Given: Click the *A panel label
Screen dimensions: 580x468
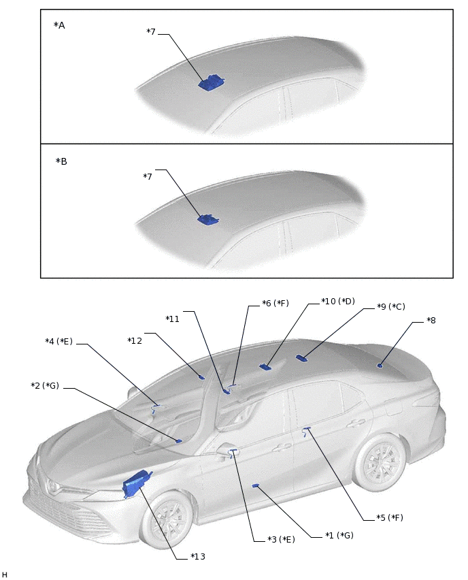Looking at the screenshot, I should point(59,25).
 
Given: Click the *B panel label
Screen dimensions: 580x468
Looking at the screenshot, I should point(61,162).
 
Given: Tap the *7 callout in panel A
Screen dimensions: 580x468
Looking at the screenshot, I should point(151,31).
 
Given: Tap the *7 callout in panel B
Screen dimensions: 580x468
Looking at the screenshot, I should point(148,177).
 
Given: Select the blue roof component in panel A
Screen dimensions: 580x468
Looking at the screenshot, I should point(212,82).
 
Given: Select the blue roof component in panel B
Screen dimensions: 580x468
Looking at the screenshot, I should point(207,219).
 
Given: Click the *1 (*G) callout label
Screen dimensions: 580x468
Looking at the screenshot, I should point(339,535).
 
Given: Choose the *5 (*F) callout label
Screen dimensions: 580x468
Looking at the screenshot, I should point(389,517).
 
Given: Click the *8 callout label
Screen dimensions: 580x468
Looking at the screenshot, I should point(431,320).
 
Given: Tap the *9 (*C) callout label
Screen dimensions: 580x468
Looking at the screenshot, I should point(390,307).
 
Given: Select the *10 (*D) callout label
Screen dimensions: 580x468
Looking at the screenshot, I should point(338,301).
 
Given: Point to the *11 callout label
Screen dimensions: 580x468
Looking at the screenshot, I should point(173,319).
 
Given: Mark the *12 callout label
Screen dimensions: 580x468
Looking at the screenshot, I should point(135,340).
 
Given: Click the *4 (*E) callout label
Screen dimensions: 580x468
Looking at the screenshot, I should point(58,341).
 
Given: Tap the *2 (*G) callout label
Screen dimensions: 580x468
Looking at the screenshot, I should point(45,386).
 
